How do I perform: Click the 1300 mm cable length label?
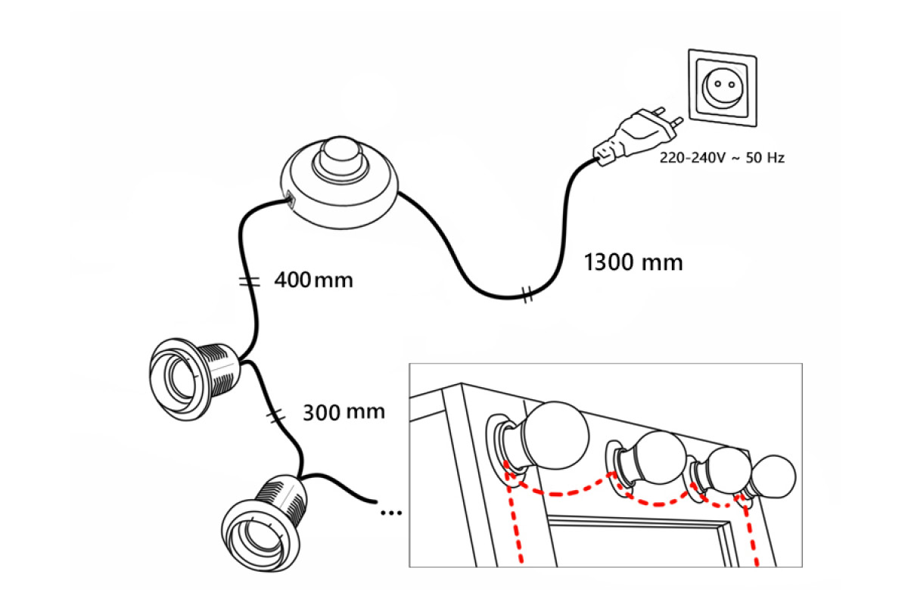634,262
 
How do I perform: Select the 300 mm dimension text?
344,412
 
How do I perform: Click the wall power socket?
720,87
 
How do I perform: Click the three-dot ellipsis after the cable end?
390,513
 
